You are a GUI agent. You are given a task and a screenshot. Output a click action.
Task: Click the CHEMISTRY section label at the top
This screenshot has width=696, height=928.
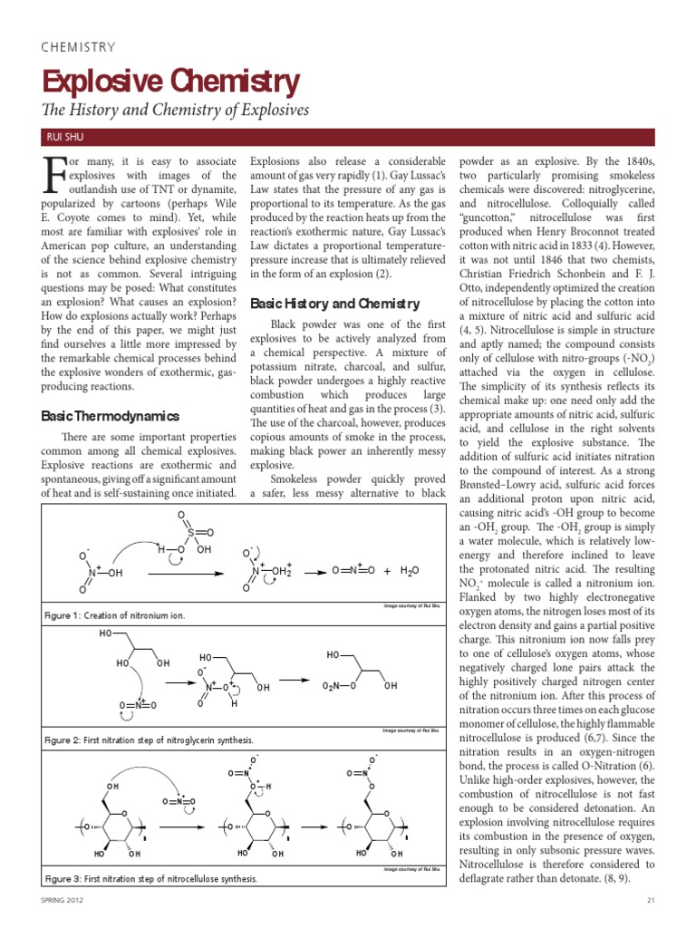pyautogui.click(x=79, y=47)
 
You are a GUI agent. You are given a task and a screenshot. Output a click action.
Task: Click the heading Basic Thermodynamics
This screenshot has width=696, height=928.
pyautogui.click(x=110, y=416)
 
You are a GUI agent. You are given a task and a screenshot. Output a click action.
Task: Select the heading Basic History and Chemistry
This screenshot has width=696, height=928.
pyautogui.click(x=334, y=304)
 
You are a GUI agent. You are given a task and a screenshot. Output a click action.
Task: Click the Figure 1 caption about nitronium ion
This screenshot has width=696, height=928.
pyautogui.click(x=115, y=615)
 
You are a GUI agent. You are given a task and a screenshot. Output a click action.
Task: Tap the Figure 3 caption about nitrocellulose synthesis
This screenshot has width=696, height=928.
pyautogui.click(x=150, y=878)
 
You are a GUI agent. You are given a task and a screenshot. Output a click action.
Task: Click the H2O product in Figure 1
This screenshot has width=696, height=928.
pyautogui.click(x=411, y=570)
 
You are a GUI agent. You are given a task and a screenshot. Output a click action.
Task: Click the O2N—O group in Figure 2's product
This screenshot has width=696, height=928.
pyautogui.click(x=341, y=686)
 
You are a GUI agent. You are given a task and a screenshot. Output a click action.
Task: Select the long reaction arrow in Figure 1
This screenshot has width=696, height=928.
pyautogui.click(x=188, y=573)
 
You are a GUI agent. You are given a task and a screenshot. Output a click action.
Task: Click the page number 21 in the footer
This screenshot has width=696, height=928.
pyautogui.click(x=651, y=899)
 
